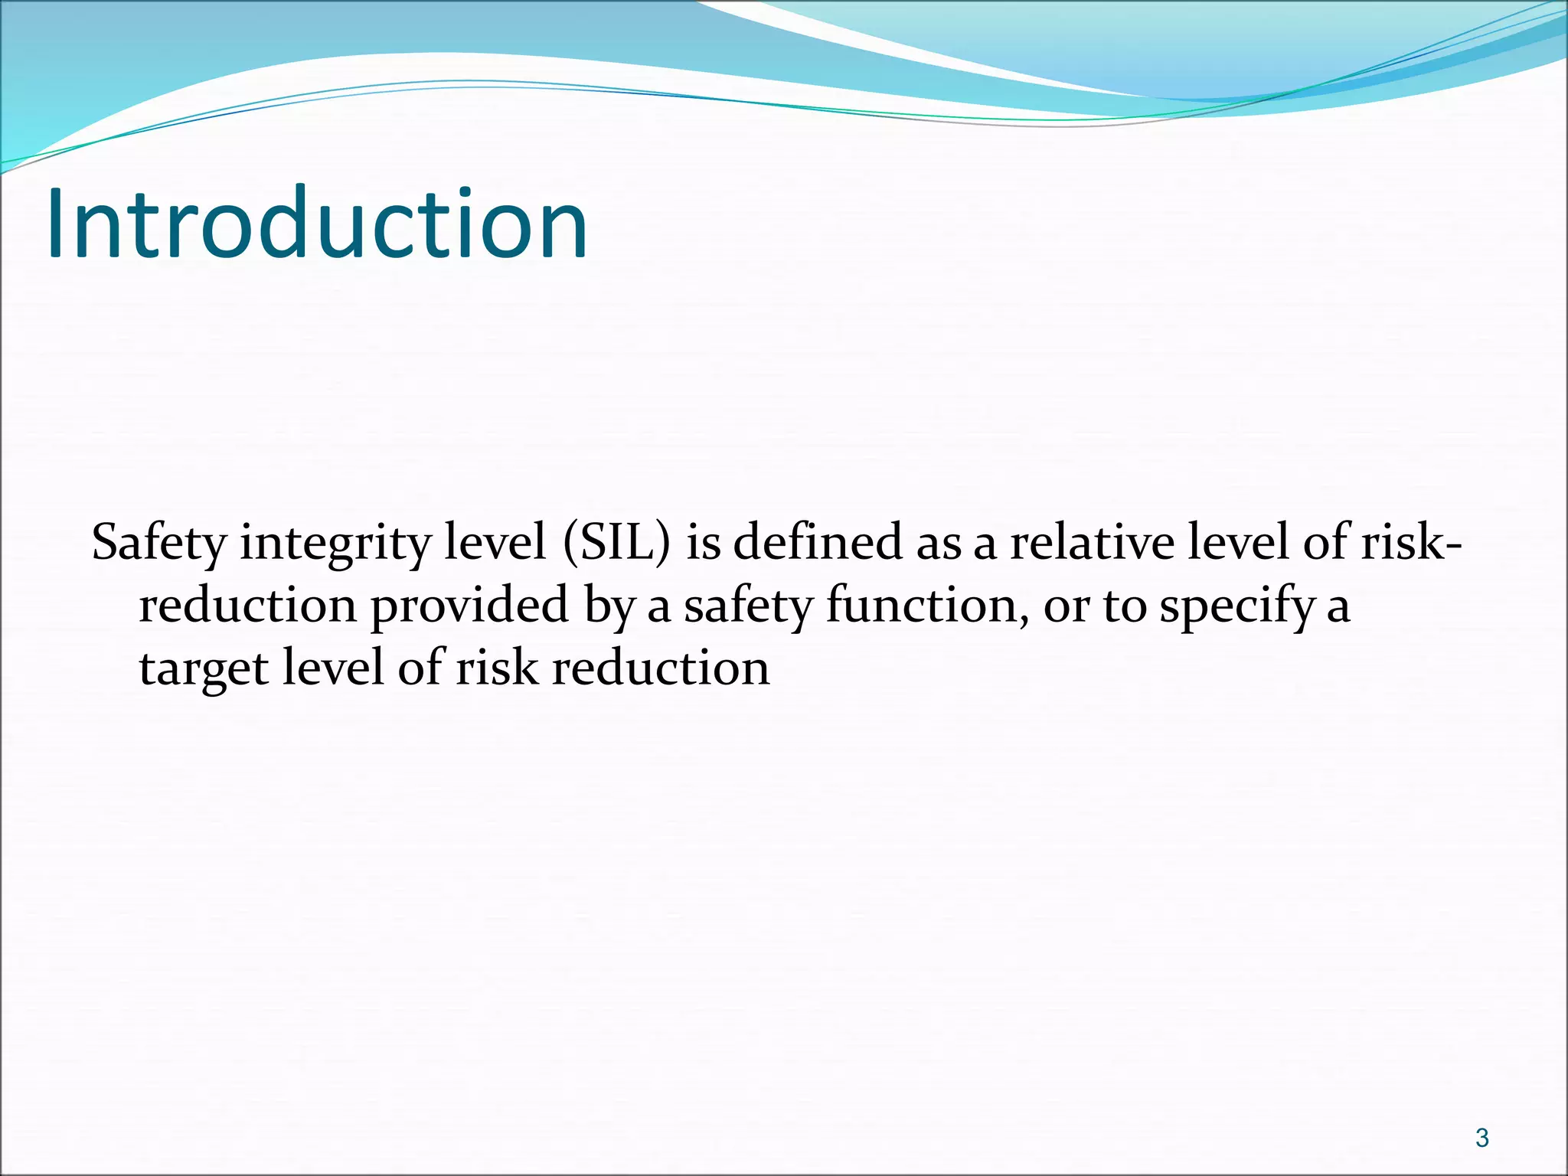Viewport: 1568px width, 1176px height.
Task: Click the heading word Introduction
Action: coord(317,224)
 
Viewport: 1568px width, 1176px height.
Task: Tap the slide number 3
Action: coord(1482,1138)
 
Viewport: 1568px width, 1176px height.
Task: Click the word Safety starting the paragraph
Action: coord(158,544)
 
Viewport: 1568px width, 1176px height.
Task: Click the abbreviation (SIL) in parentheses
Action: coord(616,542)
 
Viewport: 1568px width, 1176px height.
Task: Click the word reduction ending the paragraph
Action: coord(661,668)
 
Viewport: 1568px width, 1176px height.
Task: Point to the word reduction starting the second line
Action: coord(248,606)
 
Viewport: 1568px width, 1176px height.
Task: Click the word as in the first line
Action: coord(939,544)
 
